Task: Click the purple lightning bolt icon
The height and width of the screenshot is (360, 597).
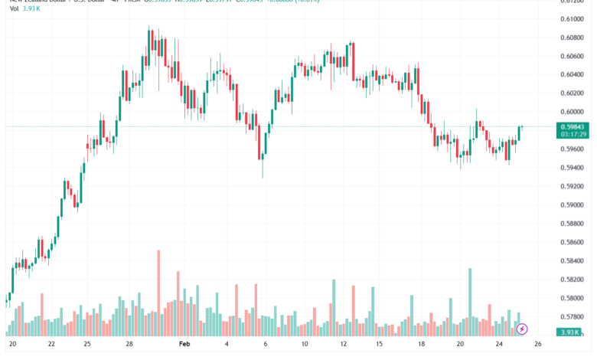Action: coord(522,329)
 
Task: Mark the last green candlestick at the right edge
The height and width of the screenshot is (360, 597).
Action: coord(520,133)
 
